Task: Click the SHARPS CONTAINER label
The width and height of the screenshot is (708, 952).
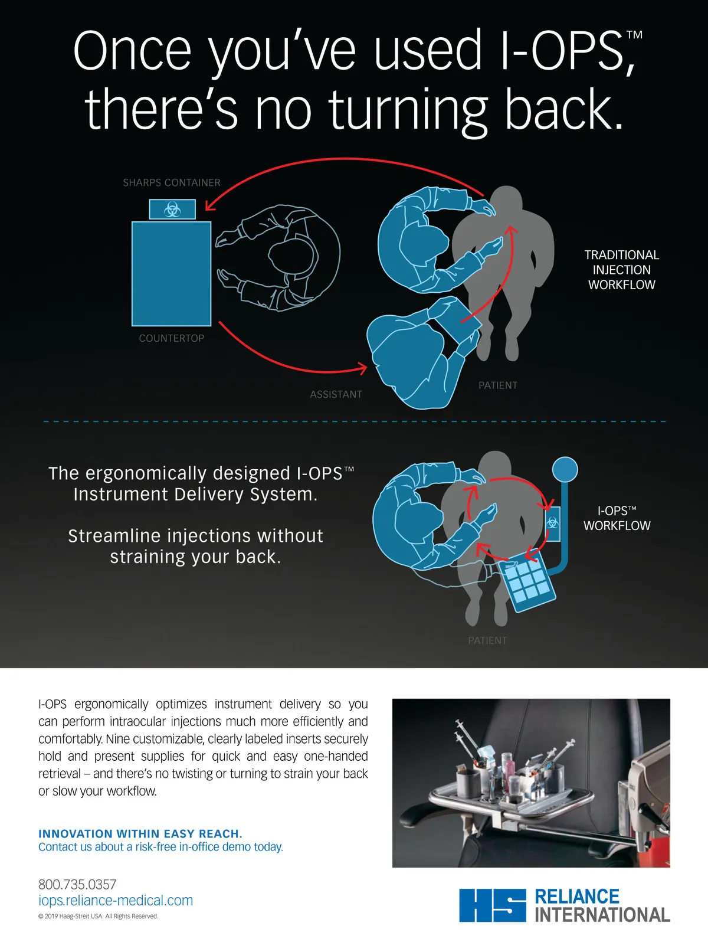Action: point(172,182)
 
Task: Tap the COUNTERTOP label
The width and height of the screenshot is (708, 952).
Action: point(172,338)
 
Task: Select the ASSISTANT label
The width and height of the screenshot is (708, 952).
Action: point(336,394)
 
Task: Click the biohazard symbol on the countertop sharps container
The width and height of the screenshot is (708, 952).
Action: point(172,210)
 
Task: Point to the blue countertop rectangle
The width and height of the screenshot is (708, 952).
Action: point(171,274)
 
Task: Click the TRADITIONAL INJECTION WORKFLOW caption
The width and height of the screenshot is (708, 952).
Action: point(621,270)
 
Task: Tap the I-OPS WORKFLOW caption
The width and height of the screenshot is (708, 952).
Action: point(617,518)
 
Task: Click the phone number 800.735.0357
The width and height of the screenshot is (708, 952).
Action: point(77,884)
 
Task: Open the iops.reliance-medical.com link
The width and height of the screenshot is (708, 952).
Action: point(116,901)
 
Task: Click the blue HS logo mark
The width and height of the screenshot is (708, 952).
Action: point(493,905)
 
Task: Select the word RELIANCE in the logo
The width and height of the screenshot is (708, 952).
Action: point(577,897)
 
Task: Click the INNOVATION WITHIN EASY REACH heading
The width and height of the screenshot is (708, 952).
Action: point(140,833)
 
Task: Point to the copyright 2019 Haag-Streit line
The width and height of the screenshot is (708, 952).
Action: point(99,916)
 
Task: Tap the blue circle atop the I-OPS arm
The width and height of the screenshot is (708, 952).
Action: point(565,470)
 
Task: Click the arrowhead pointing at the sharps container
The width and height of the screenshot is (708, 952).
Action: point(210,204)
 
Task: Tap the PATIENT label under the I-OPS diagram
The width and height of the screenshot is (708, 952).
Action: point(487,640)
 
